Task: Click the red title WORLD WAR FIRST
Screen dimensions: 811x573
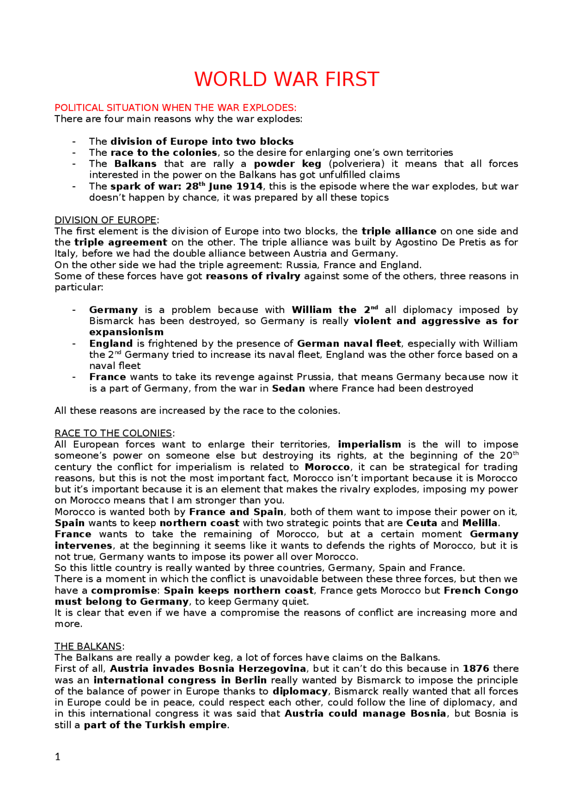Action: click(x=286, y=79)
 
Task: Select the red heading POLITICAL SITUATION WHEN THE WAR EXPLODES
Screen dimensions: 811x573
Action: click(x=175, y=108)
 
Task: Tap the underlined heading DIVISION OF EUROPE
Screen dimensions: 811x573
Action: click(x=106, y=220)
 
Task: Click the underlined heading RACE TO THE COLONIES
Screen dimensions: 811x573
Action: click(x=113, y=433)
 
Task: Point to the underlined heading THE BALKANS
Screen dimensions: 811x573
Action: click(x=88, y=647)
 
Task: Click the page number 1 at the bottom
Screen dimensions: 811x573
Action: click(x=57, y=757)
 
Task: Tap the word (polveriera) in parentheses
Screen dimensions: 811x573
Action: click(x=356, y=164)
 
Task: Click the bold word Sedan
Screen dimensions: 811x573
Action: click(x=288, y=389)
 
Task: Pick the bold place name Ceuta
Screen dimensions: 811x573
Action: click(x=421, y=524)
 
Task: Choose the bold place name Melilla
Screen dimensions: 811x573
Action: click(x=479, y=524)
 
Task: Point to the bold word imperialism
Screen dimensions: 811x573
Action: click(x=369, y=445)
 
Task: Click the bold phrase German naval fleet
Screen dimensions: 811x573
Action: click(x=349, y=344)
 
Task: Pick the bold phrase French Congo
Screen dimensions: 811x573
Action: click(x=481, y=591)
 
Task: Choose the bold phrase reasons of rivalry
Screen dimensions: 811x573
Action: click(x=253, y=276)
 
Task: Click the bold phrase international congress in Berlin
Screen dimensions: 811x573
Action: click(x=180, y=680)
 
